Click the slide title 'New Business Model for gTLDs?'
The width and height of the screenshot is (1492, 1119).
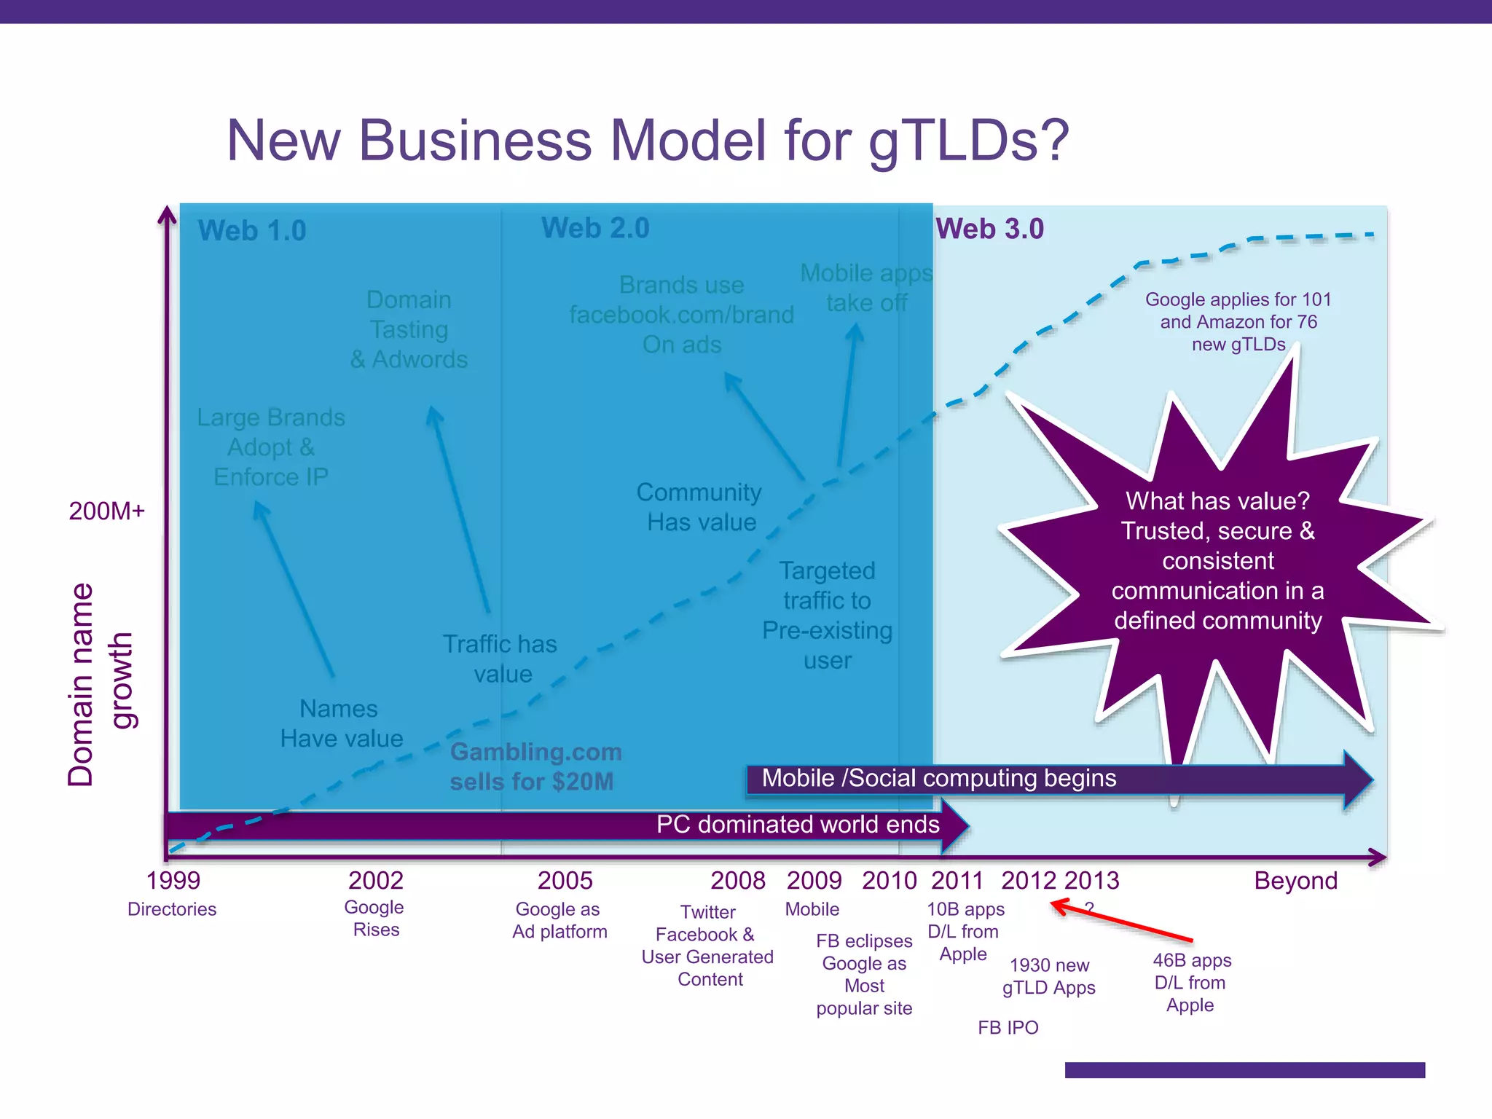[648, 141]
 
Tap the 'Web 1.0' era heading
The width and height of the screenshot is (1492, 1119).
[252, 231]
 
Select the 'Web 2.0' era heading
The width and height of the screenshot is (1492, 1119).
[595, 228]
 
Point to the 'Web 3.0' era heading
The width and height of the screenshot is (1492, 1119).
[989, 229]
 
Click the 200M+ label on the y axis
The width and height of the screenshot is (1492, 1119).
[106, 511]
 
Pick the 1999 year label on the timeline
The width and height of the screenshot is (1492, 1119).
[173, 881]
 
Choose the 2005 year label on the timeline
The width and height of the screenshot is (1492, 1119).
[565, 881]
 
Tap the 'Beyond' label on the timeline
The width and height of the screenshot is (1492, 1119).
[1295, 881]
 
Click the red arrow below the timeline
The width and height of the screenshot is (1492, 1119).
[1122, 922]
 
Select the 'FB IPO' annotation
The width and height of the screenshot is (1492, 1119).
[1008, 1028]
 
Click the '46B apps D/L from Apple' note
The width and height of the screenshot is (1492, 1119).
[1190, 983]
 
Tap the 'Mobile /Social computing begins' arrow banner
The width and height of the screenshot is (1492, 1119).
[938, 779]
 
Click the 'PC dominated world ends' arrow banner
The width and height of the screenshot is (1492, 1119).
[797, 825]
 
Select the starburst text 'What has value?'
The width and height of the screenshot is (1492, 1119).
[1217, 501]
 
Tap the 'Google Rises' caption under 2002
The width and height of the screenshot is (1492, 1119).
[375, 919]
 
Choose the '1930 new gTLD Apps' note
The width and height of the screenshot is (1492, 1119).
[1049, 976]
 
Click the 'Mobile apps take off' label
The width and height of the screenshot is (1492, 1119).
[866, 288]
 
